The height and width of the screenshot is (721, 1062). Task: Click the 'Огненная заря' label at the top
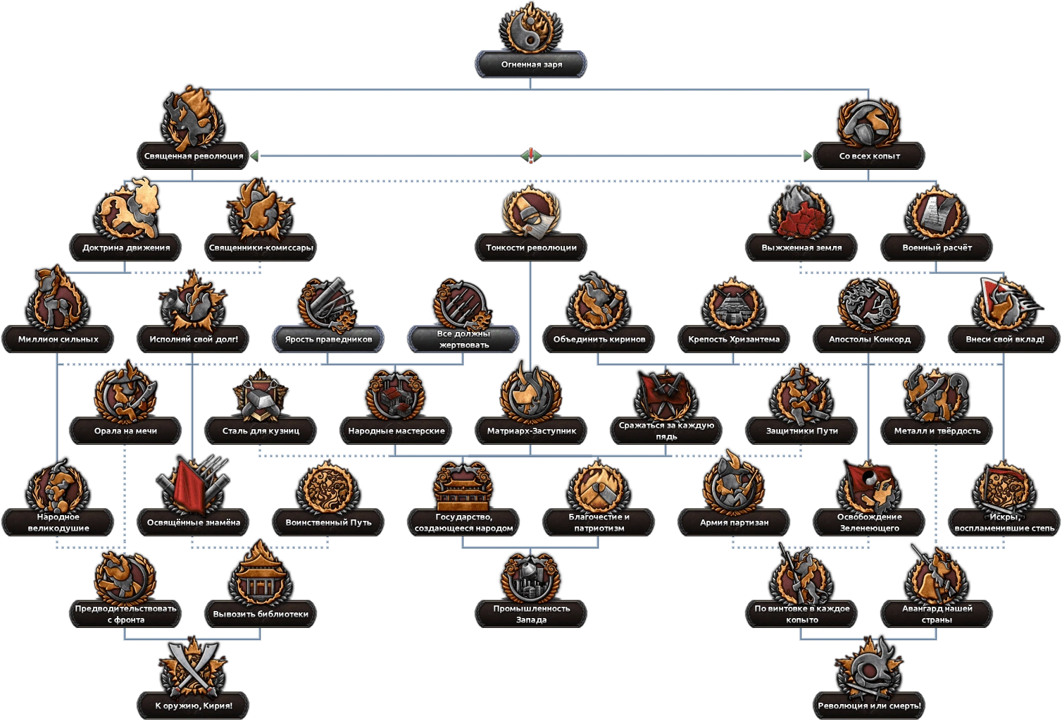click(531, 64)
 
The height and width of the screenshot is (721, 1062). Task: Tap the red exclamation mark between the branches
click(531, 155)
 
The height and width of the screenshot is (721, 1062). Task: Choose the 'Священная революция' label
click(194, 156)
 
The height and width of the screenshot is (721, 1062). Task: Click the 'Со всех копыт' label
click(869, 156)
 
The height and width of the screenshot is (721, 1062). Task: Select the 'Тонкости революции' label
click(531, 247)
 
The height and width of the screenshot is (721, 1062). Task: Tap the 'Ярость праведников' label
click(328, 339)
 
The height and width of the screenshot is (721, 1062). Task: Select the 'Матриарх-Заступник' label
click(531, 431)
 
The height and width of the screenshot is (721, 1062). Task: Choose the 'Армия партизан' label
click(734, 522)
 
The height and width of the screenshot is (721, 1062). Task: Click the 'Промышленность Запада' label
click(531, 613)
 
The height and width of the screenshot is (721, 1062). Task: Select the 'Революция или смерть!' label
click(869, 705)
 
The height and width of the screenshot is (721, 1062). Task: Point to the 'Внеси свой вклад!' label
click(1004, 339)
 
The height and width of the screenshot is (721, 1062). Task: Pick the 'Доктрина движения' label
click(125, 247)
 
